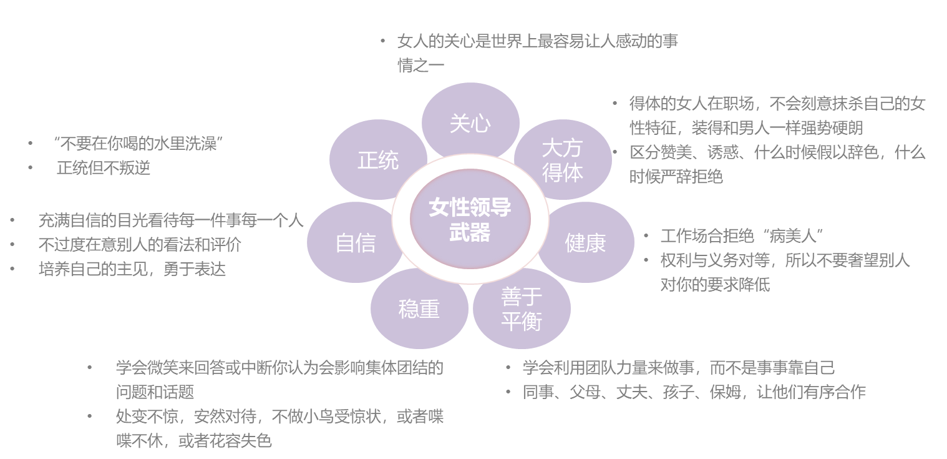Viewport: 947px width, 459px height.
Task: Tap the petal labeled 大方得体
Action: click(562, 160)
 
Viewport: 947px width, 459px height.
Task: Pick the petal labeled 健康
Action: click(585, 242)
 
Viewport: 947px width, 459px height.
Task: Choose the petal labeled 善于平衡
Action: click(522, 308)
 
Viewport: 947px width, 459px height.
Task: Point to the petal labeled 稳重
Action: click(419, 308)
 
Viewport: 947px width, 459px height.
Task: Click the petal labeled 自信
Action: click(356, 242)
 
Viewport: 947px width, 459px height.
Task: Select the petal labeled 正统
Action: click(378, 160)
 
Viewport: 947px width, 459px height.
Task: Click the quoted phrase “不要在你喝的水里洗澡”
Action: click(138, 144)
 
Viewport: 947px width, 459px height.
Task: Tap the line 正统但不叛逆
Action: click(104, 168)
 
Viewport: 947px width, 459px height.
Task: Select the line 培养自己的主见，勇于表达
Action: click(132, 269)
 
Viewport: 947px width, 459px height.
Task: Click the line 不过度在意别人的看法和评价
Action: click(140, 245)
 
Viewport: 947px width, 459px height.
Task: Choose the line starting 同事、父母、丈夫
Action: click(694, 392)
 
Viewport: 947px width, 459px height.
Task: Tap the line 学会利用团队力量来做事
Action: click(678, 368)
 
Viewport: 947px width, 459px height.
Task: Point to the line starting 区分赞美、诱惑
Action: click(777, 153)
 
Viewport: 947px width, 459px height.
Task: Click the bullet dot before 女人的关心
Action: click(382, 41)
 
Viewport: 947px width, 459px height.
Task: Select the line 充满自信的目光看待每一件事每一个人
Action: click(171, 220)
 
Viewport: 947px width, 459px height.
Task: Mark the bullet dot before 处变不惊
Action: click(90, 417)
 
